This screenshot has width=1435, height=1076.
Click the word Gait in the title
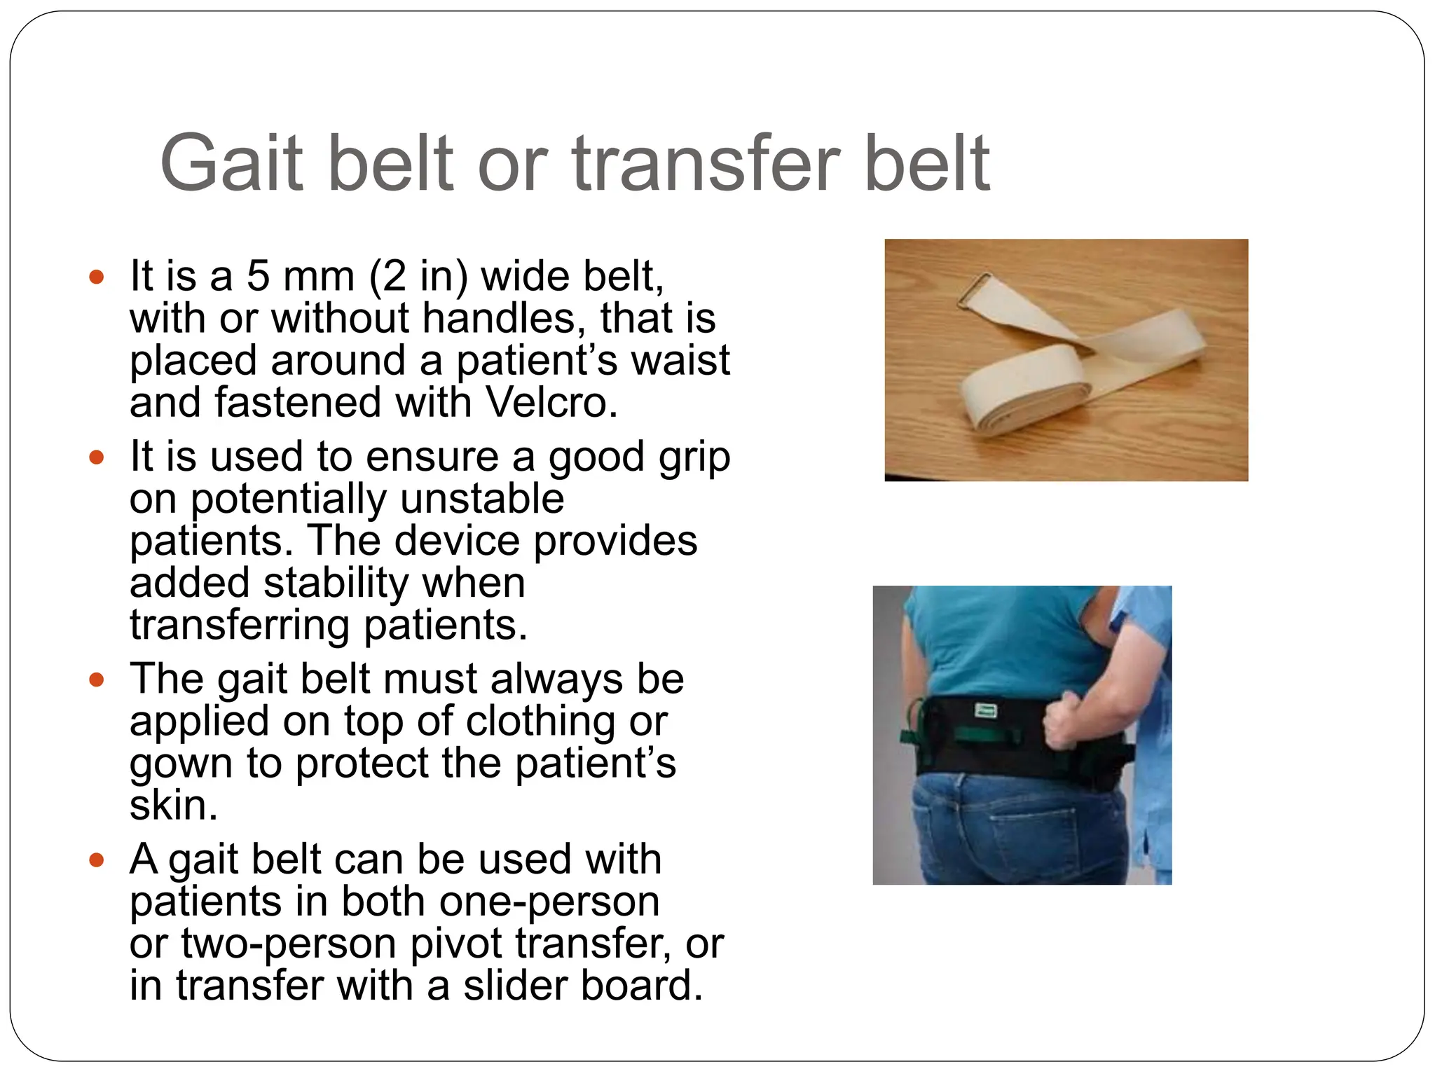pos(232,164)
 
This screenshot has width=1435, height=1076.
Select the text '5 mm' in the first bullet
pos(301,276)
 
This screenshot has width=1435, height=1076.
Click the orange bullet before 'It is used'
pos(97,457)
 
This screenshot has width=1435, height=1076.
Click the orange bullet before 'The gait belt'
pos(97,680)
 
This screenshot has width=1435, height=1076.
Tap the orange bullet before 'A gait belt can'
pos(97,860)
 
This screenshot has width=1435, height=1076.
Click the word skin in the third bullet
pos(169,805)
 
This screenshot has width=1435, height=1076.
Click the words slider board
pos(582,986)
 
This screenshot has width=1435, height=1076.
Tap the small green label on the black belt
pos(986,712)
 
